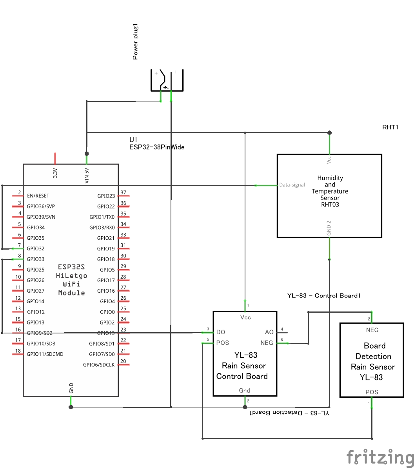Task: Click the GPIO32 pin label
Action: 36,248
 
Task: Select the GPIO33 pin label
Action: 36,259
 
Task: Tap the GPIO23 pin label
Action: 106,196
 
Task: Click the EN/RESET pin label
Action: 38,196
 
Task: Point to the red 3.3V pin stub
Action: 55,158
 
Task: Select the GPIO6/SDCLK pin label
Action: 99,365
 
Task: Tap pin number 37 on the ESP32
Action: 123,193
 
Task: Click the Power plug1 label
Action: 135,42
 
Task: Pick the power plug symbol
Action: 167,81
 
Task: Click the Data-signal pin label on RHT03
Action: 292,185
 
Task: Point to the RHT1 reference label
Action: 390,127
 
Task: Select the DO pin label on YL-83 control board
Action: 221,332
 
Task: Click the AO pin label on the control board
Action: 269,332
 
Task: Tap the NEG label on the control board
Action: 267,343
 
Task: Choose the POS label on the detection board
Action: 372,392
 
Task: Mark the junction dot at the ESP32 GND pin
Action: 71,407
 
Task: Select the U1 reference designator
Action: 134,140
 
